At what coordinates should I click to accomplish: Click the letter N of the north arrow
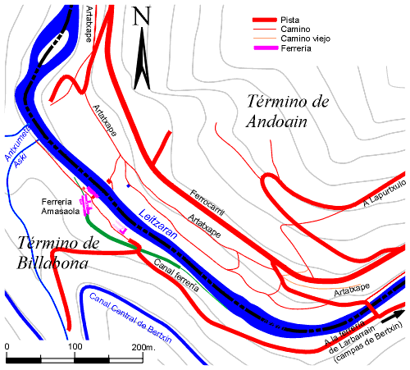(142, 16)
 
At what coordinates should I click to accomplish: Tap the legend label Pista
(293, 20)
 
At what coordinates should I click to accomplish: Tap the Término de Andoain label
(287, 111)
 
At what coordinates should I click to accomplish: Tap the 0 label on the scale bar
(7, 348)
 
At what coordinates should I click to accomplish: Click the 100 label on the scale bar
(74, 348)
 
